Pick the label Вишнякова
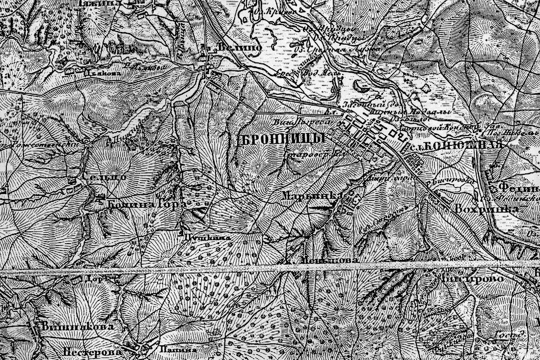tap(78, 326)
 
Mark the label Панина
tap(179, 350)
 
